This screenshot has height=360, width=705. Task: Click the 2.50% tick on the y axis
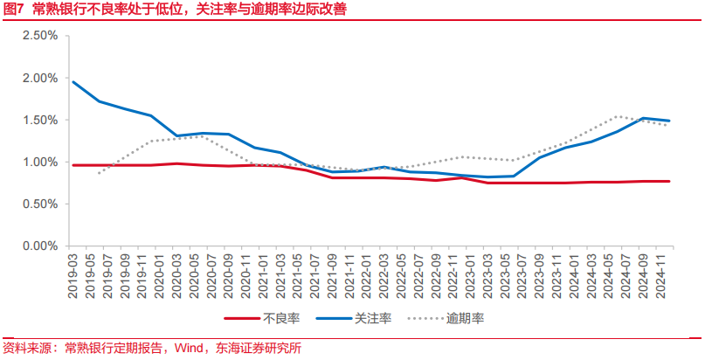(40, 36)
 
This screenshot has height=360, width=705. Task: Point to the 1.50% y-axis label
(40, 120)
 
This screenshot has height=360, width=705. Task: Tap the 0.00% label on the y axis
(40, 246)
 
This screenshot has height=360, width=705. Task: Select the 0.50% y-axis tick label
(40, 204)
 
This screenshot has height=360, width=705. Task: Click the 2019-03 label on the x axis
(73, 270)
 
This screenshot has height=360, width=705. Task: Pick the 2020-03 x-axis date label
(177, 270)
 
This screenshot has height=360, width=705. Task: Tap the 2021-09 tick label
(334, 270)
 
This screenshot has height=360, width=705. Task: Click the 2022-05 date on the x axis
(403, 270)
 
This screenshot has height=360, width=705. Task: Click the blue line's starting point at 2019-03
(73, 82)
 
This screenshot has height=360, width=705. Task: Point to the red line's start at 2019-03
(73, 165)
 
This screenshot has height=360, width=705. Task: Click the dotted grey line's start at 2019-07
(100, 173)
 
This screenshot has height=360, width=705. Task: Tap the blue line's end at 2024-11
(669, 121)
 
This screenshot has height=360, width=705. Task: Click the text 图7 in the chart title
(13, 10)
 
